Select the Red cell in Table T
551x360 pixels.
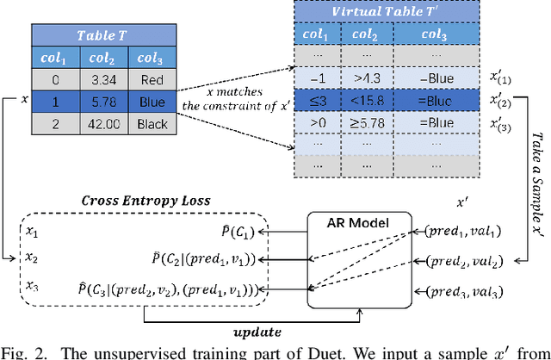click(152, 80)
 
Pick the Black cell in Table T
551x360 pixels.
click(152, 122)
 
